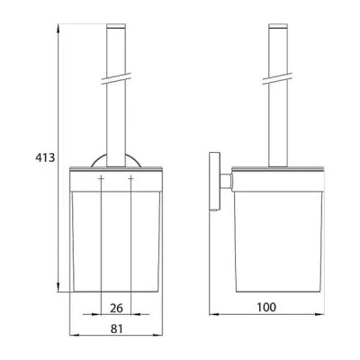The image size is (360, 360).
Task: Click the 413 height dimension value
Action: pos(45,157)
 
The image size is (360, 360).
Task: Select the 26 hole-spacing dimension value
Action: pos(116,308)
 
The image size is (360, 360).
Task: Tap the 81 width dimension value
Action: pos(117,328)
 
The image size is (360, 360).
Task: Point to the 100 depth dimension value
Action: pos(266,307)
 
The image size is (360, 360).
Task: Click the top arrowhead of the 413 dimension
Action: pos(58,29)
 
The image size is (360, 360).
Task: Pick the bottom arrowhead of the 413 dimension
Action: pos(58,287)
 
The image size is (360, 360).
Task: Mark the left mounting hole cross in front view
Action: pos(101,178)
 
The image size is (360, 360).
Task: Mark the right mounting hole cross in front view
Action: pos(131,178)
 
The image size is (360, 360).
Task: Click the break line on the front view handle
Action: pos(116,78)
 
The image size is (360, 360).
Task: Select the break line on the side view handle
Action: pos(277,78)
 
